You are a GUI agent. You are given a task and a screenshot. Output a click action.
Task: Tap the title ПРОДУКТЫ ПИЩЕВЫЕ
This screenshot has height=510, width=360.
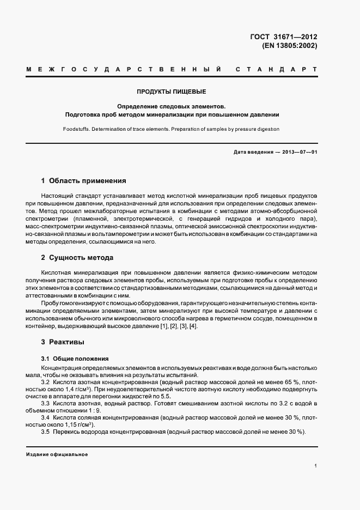click(172, 92)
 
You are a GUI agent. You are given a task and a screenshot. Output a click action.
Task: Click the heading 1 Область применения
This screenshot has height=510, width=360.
click(83, 180)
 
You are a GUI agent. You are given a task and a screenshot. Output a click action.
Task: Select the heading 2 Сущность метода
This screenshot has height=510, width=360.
click(77, 257)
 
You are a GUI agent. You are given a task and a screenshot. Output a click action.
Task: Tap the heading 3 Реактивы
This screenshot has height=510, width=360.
click(63, 342)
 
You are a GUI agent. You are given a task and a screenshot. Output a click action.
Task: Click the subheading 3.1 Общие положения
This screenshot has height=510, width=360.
click(75, 359)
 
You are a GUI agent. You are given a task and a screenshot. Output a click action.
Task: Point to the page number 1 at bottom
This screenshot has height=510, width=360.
click(315, 466)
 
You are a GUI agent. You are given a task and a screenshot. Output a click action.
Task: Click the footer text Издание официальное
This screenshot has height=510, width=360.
click(57, 454)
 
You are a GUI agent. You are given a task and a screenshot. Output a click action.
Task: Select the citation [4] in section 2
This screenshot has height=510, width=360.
click(193, 326)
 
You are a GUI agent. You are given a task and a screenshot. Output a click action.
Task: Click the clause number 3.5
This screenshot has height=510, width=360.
click(46, 432)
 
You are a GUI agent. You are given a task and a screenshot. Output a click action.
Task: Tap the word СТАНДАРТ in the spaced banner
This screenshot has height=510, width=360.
click(276, 70)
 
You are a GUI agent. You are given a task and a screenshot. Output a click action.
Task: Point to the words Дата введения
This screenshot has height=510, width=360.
click(253, 152)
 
